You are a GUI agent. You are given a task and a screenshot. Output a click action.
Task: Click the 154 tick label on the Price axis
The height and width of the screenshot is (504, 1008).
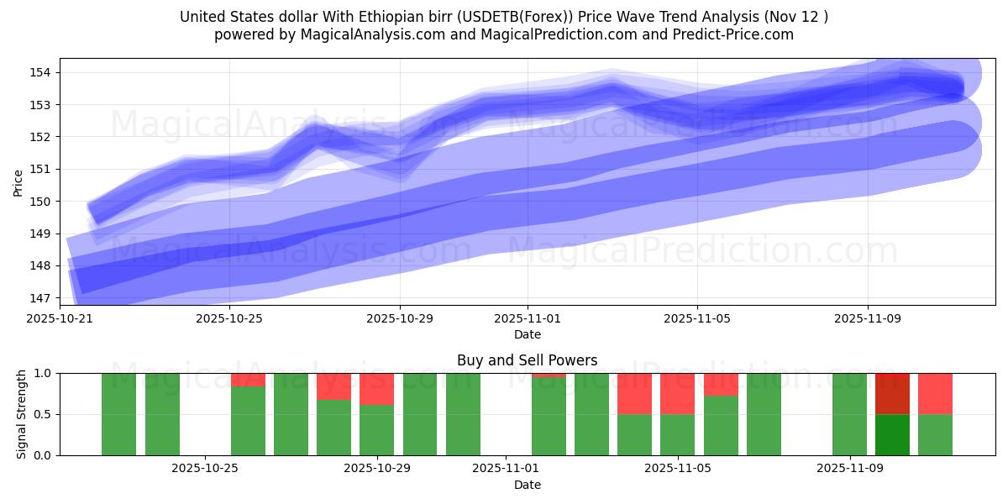(x=43, y=72)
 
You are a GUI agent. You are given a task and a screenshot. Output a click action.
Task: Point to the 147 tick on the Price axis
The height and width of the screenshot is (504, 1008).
(x=43, y=298)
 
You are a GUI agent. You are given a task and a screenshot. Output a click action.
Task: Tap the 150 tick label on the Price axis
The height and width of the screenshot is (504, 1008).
(x=43, y=202)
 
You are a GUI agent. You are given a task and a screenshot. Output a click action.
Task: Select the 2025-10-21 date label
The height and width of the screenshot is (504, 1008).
(x=60, y=319)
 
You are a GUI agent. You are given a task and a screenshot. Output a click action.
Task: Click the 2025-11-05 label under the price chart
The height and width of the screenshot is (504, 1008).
(x=697, y=319)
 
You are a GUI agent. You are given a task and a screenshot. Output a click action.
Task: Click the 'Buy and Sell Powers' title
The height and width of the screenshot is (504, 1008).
(x=527, y=360)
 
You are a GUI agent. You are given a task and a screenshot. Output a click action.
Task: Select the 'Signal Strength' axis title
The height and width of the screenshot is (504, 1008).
(x=22, y=414)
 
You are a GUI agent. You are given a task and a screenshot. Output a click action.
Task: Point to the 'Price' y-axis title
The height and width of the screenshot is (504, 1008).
(x=18, y=181)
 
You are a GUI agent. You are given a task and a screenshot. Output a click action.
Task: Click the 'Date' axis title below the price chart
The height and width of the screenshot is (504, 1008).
(x=527, y=334)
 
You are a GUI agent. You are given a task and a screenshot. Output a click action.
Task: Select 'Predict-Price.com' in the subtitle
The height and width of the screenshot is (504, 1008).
(x=738, y=34)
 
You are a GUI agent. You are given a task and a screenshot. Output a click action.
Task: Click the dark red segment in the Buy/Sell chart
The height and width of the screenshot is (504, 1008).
(x=892, y=393)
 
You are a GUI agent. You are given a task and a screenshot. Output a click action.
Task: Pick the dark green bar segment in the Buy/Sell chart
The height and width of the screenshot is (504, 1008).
(x=892, y=434)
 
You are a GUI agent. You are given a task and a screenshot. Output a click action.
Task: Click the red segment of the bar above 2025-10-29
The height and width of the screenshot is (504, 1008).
(x=377, y=389)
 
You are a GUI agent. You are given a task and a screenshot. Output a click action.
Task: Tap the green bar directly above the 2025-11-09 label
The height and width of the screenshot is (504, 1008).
(x=849, y=414)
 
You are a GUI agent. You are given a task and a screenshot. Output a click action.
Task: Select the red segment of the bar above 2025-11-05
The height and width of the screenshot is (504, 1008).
(x=677, y=393)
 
